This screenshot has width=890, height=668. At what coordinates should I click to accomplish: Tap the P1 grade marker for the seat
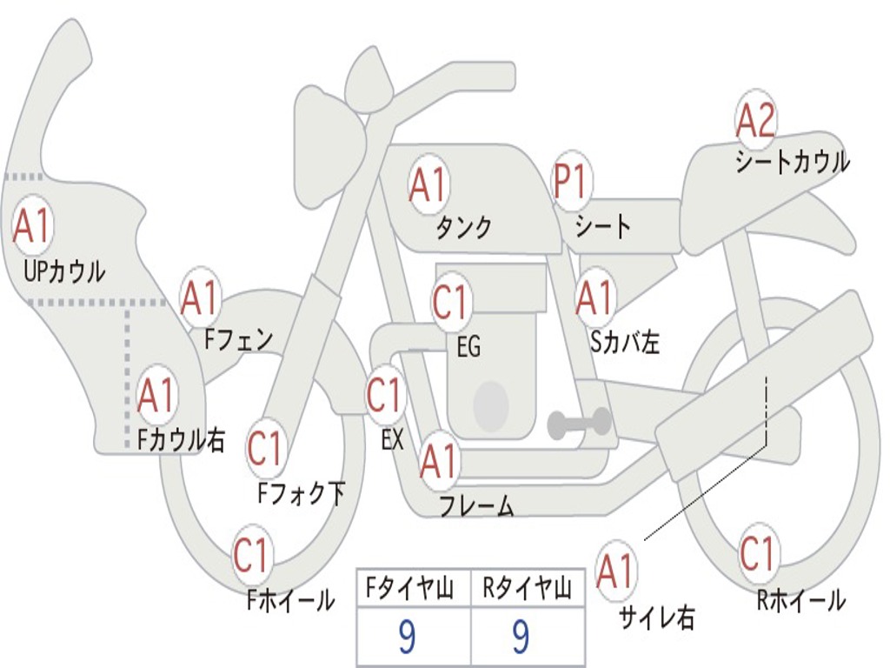coord(571,183)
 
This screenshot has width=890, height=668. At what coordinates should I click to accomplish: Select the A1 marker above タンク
coord(428,184)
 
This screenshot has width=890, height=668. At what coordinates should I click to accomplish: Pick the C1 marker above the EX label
coord(385,396)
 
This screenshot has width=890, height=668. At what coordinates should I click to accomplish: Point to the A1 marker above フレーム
coord(438,461)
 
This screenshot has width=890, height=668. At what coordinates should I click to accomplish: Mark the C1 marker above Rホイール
coord(756,553)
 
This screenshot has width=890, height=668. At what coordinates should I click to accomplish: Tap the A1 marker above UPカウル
coord(32,226)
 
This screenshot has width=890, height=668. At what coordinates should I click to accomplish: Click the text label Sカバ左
coord(625,342)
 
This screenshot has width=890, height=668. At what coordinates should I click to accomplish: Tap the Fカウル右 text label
coord(182,440)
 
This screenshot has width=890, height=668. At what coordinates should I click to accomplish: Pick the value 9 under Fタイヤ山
coord(406,638)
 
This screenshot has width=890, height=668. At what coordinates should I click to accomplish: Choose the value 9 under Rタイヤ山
coord(521,638)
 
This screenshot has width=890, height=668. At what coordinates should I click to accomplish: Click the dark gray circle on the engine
coord(491,404)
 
